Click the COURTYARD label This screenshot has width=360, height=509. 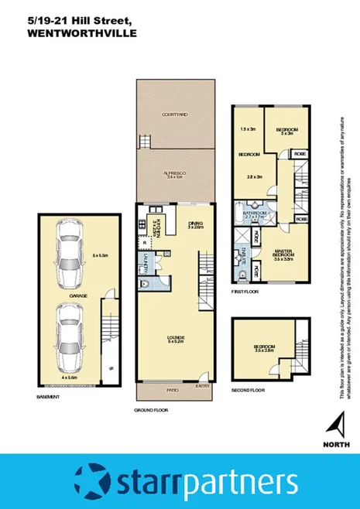pyautogui.click(x=174, y=114)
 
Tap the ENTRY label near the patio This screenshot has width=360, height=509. pyautogui.click(x=202, y=385)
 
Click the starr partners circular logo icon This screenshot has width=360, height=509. pyautogui.click(x=91, y=481)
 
